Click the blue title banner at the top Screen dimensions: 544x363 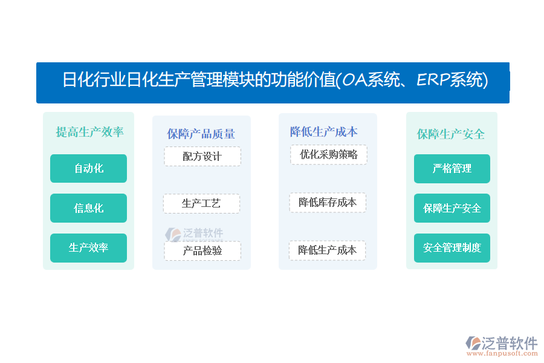pos(273,83)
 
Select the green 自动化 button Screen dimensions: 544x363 pos(88,168)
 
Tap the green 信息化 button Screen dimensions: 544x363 pos(88,208)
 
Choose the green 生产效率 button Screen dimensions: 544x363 pos(88,247)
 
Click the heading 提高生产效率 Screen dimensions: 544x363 pos(90,132)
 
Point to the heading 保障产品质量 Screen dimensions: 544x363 pos(201,134)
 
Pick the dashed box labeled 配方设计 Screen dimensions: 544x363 pos(202,156)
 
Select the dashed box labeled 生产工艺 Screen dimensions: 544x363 pos(201,203)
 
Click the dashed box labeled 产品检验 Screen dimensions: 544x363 pos(202,250)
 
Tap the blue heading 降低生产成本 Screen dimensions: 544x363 pos(324,132)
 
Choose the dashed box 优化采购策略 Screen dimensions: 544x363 pos(329,155)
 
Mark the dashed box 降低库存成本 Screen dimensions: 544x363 pos(328,202)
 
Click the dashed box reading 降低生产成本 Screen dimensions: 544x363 pos(327,250)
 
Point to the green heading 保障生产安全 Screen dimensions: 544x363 pos(451,134)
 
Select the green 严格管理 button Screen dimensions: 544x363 pos(452,169)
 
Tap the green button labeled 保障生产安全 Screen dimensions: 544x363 pos(452,208)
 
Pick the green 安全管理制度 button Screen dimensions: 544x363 pos(452,247)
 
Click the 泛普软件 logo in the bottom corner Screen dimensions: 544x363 pos(501,343)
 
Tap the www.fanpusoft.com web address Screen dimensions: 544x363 pos(502,353)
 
